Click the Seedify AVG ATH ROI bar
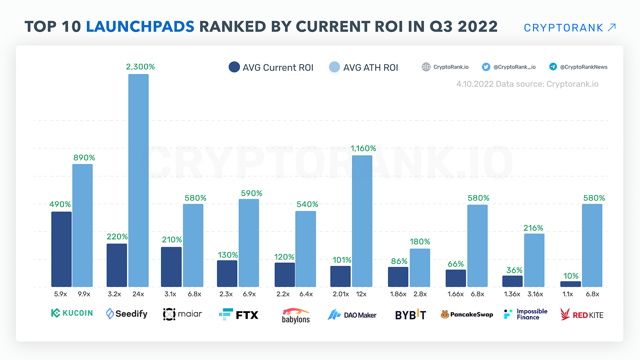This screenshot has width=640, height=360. pyautogui.click(x=138, y=180)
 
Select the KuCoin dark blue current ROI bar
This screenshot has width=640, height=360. pyautogui.click(x=61, y=249)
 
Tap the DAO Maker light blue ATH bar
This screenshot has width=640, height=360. pyautogui.click(x=362, y=221)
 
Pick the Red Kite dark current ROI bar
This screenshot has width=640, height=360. pyautogui.click(x=571, y=284)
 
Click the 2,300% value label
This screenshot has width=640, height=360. pyautogui.click(x=140, y=67)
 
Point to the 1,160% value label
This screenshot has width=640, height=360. pyautogui.click(x=363, y=148)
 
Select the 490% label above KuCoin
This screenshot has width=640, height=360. pyautogui.click(x=60, y=204)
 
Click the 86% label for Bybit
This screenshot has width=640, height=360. pyautogui.click(x=398, y=262)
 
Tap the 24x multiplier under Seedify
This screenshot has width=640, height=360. pyautogui.click(x=139, y=294)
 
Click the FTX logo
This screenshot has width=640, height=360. pyautogui.click(x=239, y=314)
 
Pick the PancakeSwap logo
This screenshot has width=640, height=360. pyautogui.click(x=467, y=314)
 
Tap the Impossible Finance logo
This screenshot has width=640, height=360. pyautogui.click(x=525, y=314)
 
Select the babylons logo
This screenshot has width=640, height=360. pyautogui.click(x=296, y=315)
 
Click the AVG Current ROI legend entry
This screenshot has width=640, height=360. pyautogui.click(x=271, y=68)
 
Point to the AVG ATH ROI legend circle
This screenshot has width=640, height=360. pyautogui.click(x=335, y=68)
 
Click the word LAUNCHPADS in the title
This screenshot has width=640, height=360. pyautogui.click(x=140, y=26)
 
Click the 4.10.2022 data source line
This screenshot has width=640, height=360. pyautogui.click(x=527, y=84)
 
